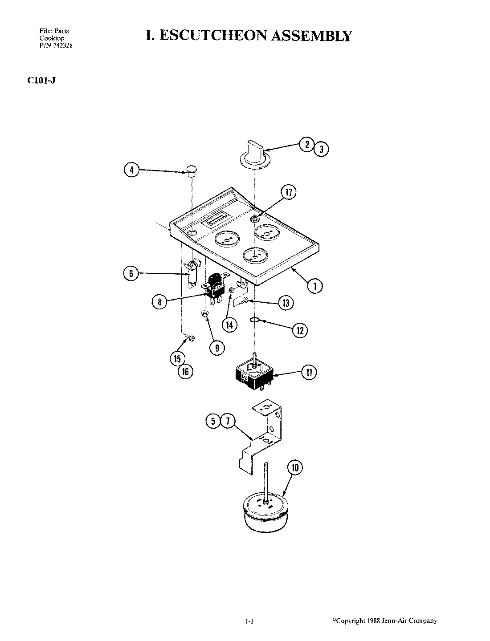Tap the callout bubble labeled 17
pos(289,192)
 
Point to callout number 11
pos(309,372)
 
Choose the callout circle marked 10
pos(295,468)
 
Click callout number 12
pos(300,330)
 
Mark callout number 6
pos(131,274)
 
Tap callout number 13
pos(286,303)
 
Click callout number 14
pos(230,325)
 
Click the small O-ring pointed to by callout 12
pos(255,320)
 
